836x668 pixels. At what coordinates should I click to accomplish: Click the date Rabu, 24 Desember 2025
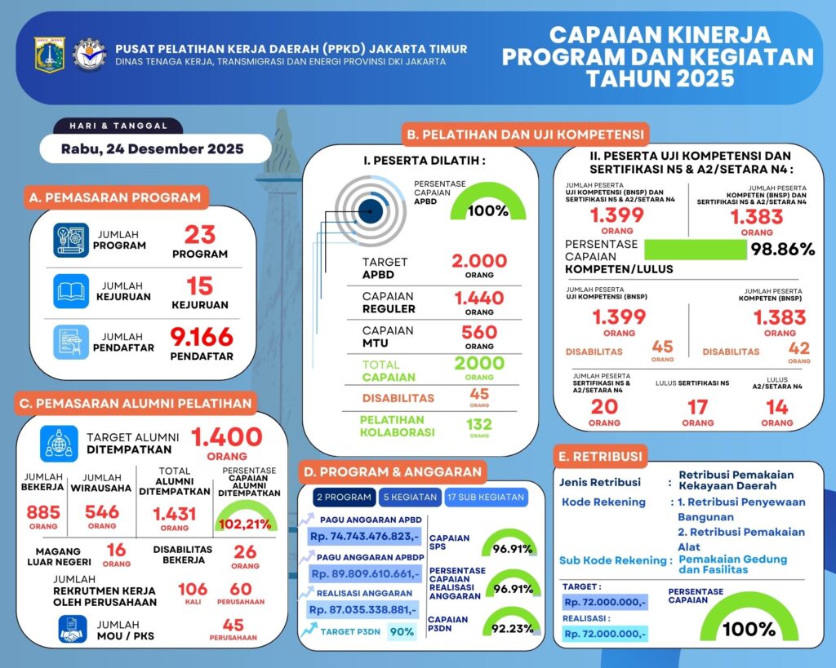pyautogui.click(x=153, y=149)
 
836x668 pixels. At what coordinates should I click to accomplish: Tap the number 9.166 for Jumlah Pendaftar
pyautogui.click(x=202, y=335)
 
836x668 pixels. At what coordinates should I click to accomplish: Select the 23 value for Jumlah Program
pyautogui.click(x=199, y=235)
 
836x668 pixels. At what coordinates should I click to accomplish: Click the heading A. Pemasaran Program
pyautogui.click(x=114, y=197)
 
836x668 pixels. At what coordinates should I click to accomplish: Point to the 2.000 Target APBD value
pyautogui.click(x=479, y=261)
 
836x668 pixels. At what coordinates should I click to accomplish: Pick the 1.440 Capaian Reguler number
pyautogui.click(x=479, y=298)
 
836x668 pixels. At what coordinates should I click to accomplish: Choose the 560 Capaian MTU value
pyautogui.click(x=479, y=332)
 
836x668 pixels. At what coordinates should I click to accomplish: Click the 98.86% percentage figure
pyautogui.click(x=784, y=250)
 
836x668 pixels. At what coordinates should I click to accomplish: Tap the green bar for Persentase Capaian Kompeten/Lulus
pyautogui.click(x=695, y=250)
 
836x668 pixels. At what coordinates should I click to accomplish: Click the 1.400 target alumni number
pyautogui.click(x=227, y=437)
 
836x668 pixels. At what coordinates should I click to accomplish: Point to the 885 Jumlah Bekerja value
pyautogui.click(x=43, y=512)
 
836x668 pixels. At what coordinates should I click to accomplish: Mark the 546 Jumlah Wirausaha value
pyautogui.click(x=102, y=512)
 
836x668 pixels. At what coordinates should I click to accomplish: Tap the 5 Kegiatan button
pyautogui.click(x=409, y=497)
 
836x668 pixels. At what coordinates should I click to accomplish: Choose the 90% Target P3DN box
pyautogui.click(x=401, y=631)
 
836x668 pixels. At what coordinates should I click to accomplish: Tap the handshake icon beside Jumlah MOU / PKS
pyautogui.click(x=73, y=628)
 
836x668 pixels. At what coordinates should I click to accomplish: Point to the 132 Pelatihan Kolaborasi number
pyautogui.click(x=479, y=424)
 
